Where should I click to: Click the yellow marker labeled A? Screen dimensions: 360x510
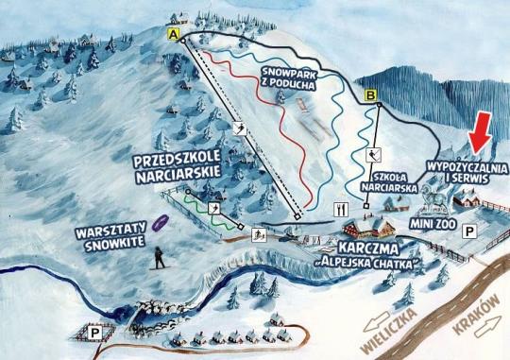[172, 34]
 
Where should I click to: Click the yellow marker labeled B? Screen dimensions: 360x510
[371, 94]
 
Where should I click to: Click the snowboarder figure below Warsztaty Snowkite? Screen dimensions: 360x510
[160, 258]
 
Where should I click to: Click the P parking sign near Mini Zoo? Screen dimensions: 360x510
[471, 230]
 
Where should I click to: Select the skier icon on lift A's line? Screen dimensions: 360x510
[240, 129]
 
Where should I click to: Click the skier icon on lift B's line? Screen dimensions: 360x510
[372, 155]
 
